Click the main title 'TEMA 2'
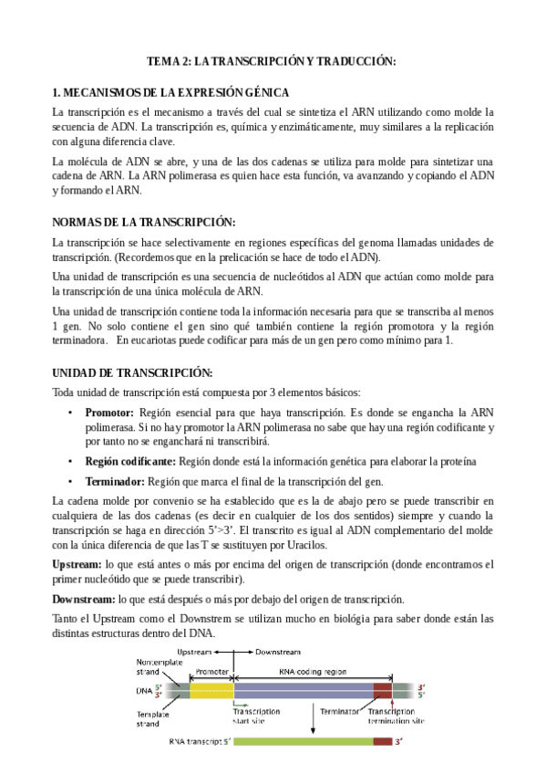tap(273, 60)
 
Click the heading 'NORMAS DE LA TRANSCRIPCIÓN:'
tap(144, 222)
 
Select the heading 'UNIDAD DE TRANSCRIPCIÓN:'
tap(132, 373)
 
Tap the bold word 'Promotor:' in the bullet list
tap(109, 413)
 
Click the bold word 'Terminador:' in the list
tap(115, 481)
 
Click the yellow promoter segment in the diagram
tap(211, 691)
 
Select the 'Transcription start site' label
tap(261, 713)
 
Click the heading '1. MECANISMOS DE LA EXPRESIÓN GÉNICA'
tap(171, 92)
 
